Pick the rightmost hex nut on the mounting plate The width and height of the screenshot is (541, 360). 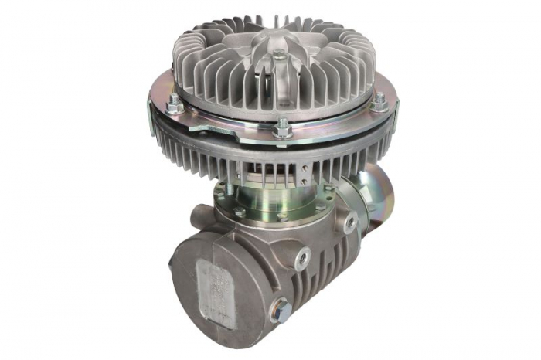point(379,101)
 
